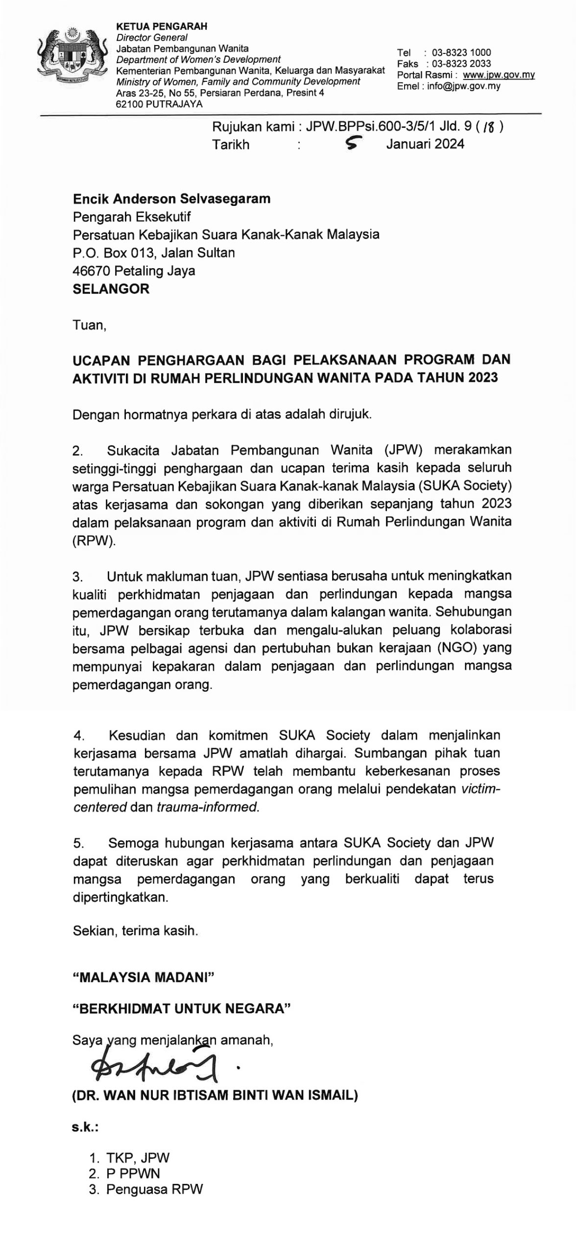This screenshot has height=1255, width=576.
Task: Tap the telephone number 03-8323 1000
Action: tap(461, 52)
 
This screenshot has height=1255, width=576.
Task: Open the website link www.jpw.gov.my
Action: tap(499, 75)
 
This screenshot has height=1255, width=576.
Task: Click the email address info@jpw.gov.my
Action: tap(463, 86)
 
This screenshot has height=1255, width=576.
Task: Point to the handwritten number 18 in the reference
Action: tap(488, 128)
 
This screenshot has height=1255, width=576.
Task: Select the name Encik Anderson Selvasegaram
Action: tap(171, 199)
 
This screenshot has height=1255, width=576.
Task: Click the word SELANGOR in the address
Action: tap(111, 289)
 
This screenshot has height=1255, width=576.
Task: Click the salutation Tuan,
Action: tap(89, 325)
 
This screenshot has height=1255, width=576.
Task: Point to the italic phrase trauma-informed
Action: tap(207, 807)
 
